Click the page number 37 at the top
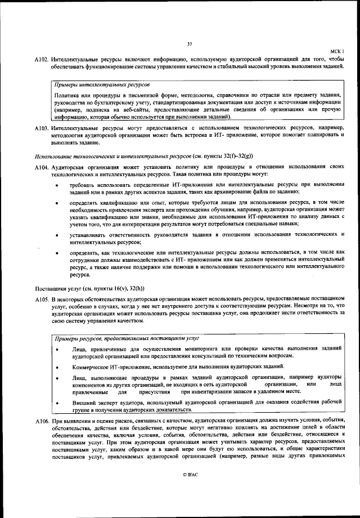(189, 45)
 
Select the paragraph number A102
(41, 59)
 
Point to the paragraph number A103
(41, 129)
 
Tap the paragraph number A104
(41, 168)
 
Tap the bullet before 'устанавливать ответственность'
(58, 234)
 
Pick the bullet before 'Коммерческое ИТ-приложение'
(58, 367)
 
